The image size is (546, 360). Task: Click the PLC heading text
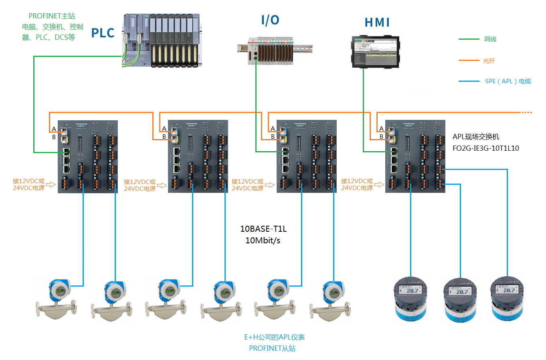103,33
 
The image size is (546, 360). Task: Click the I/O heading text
270,20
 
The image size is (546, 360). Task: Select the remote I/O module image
273,50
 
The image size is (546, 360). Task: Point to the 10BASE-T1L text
263,229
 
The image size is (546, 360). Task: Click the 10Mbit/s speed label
263,241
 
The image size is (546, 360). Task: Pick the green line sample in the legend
469,39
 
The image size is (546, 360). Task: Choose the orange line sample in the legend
469,61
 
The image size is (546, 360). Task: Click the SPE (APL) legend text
508,81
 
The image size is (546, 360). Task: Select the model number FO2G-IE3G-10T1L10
485,148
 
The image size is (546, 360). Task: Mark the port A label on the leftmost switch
54,129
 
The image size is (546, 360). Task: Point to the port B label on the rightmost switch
381,137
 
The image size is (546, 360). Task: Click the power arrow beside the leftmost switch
51,185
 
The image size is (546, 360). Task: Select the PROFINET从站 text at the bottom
272,348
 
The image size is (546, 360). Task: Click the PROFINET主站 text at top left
52,16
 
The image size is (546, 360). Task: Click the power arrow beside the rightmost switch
379,185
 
